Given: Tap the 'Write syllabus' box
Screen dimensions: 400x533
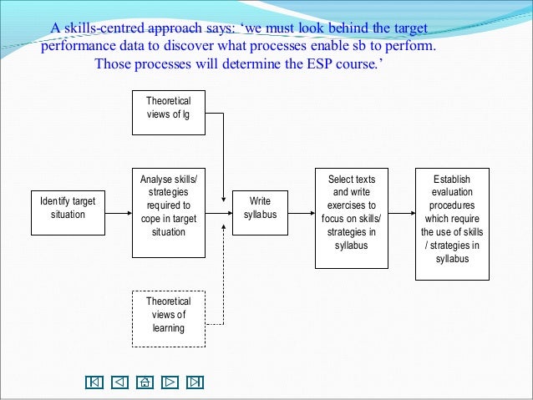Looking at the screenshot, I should click(x=260, y=208).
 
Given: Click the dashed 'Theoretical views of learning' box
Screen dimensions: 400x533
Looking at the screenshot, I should click(x=168, y=315).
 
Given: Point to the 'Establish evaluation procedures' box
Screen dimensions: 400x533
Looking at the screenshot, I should click(x=452, y=218).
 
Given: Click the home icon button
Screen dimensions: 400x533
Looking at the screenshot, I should click(x=145, y=382).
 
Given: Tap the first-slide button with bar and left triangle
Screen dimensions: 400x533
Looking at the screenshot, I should click(x=94, y=382).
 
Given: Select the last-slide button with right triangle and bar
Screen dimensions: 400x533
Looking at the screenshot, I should click(x=195, y=382).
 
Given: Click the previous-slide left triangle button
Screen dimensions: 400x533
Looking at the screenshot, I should click(x=119, y=382).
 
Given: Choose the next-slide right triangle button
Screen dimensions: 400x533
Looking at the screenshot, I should click(x=170, y=382).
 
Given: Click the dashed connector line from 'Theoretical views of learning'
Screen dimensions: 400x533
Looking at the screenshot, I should click(x=223, y=284).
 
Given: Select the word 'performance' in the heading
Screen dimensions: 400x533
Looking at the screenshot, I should click(x=79, y=47).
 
